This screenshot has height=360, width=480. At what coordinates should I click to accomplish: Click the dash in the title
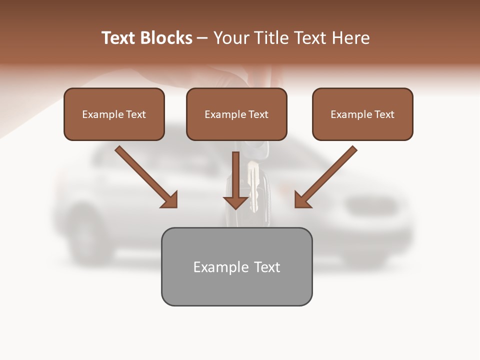[202, 38]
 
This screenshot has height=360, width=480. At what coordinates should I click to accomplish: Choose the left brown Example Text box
[114, 114]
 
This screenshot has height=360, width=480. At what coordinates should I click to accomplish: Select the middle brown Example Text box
[236, 114]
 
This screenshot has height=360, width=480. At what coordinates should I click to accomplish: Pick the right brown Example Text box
[362, 114]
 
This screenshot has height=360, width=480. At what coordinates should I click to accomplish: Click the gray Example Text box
[236, 266]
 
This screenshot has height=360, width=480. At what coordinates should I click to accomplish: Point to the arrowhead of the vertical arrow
[235, 202]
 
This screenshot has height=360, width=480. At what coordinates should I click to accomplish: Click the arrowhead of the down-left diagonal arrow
[302, 200]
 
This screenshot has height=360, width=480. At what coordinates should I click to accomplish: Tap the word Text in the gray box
[267, 267]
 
